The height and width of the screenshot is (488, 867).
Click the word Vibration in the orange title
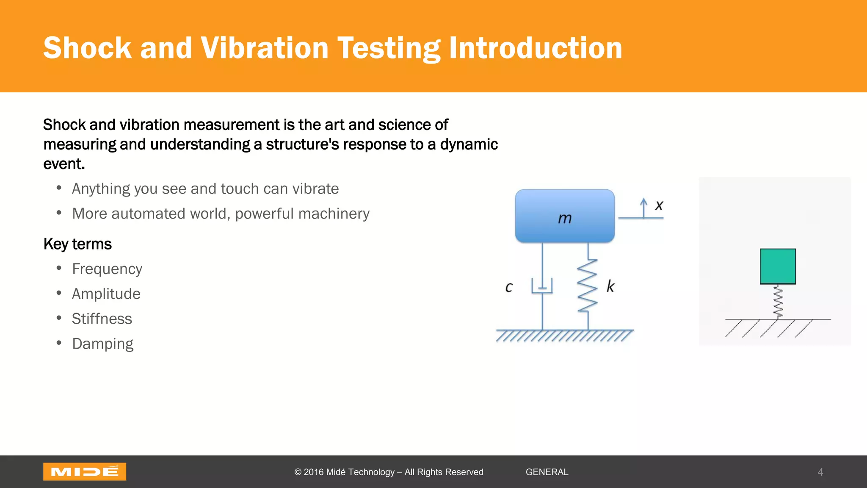[x=264, y=48]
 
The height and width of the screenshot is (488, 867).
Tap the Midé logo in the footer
[x=84, y=471]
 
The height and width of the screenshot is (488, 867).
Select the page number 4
[x=820, y=472]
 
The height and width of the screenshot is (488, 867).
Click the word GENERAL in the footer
[x=547, y=472]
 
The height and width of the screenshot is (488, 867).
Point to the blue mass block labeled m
[x=564, y=216]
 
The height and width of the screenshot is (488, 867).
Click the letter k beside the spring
[x=610, y=286]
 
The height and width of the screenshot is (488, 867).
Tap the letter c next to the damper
[x=509, y=287]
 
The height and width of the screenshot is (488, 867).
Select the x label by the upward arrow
[x=659, y=205]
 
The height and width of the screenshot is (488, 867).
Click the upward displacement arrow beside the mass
[x=643, y=208]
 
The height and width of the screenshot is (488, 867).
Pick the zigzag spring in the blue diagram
[x=588, y=286]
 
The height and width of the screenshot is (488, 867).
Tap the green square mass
[x=777, y=266]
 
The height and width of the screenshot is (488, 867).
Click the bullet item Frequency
[x=107, y=269]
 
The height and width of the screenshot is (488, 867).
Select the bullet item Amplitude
[x=106, y=294]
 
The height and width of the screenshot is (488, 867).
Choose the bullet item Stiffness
[x=102, y=319]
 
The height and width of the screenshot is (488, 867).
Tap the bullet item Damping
[x=102, y=344]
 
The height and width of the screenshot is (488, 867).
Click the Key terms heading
[x=77, y=244]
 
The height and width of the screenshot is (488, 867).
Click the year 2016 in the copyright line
[x=313, y=472]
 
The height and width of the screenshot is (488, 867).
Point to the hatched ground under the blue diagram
[x=564, y=335]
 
